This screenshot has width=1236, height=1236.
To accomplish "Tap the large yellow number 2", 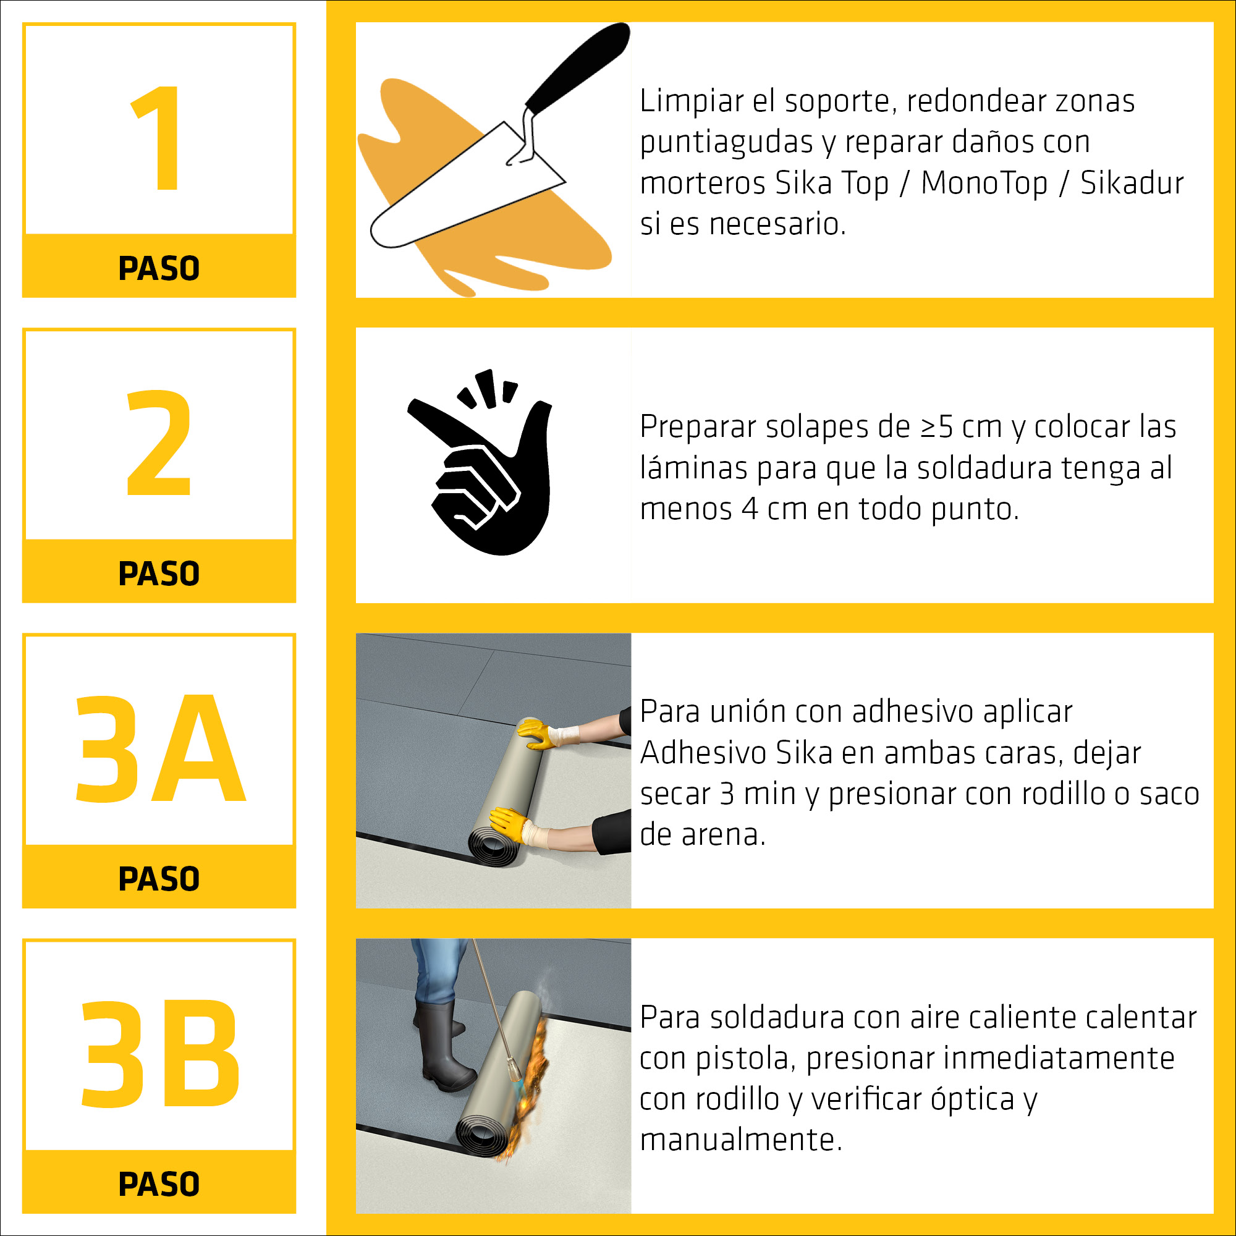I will [x=159, y=442].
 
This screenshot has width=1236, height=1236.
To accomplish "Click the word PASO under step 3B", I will [x=159, y=1183].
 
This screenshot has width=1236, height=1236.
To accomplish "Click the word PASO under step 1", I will [x=159, y=268].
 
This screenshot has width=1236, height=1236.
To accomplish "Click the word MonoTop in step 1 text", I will [x=983, y=183].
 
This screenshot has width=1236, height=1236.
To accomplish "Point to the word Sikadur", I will [x=1132, y=183].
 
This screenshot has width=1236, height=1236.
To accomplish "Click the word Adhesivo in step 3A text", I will [x=703, y=752].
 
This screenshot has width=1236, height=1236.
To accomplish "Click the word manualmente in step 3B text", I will [x=741, y=1140].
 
